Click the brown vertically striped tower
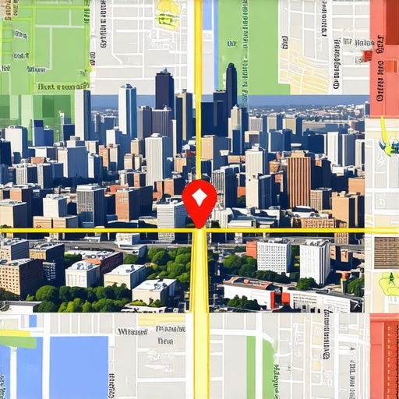(x=298, y=178)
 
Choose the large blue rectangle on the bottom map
(x=79, y=366)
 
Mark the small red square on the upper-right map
(x=367, y=55)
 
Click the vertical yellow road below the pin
(x=200, y=312)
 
